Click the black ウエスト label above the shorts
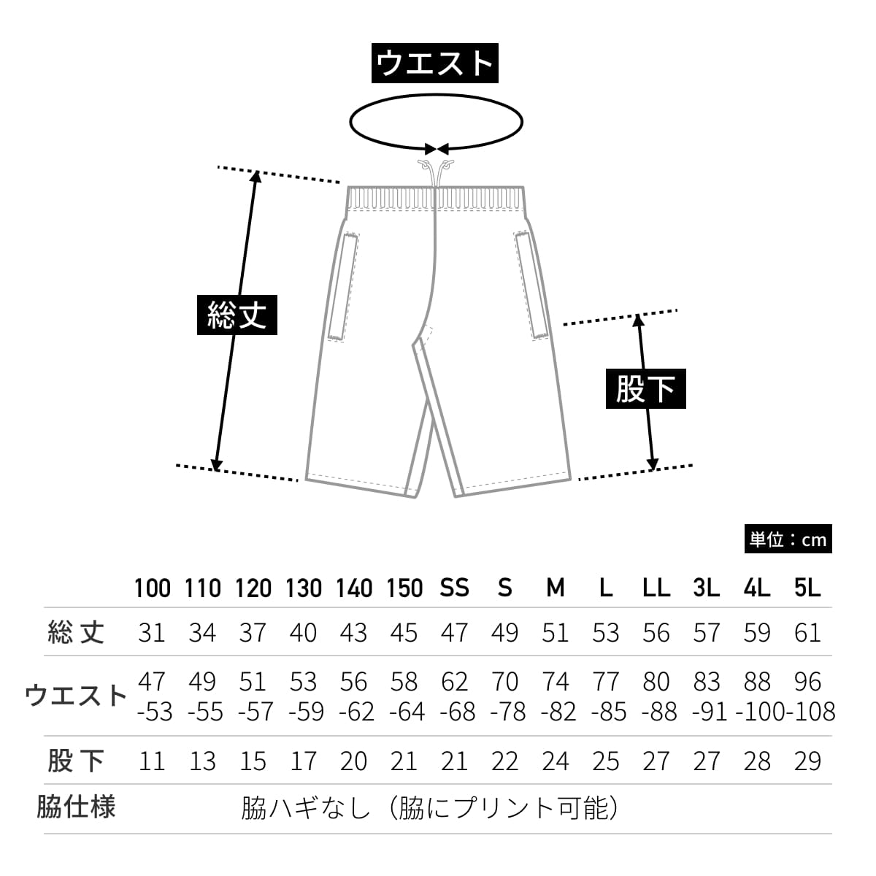point(435,64)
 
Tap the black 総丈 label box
point(237,315)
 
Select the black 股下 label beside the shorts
point(645,388)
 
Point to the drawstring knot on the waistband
point(435,166)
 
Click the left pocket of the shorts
point(344,285)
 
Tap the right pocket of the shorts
point(531,285)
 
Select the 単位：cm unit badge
point(788,539)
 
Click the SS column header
point(454,588)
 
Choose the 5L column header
point(807,588)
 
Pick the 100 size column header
point(152,588)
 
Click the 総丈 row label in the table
point(76,632)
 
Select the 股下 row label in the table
point(76,761)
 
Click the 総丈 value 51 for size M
point(555,632)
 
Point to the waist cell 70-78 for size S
point(505,696)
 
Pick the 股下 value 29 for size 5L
point(807,761)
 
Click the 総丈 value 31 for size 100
point(152,632)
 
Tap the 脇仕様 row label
point(76,807)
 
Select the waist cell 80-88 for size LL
point(657,696)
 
